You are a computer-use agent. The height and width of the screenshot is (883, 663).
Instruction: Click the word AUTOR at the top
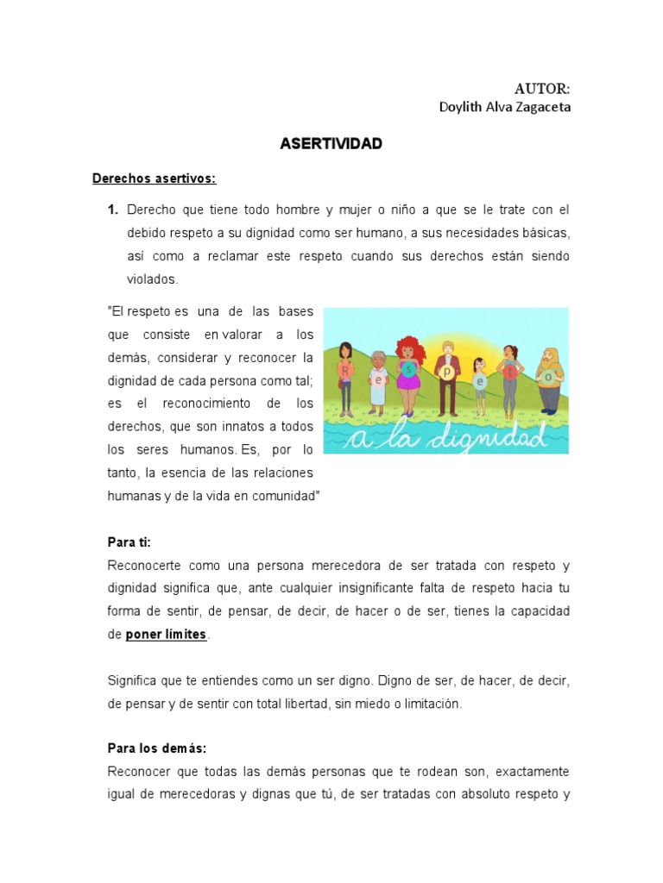542,88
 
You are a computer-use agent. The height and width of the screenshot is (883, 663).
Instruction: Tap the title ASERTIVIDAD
331,144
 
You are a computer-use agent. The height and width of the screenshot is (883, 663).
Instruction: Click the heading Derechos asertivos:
154,178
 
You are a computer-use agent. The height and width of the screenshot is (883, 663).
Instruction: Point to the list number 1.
112,210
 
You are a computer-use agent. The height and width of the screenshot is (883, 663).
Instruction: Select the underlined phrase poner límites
166,634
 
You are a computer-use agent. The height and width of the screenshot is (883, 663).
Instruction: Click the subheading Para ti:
129,542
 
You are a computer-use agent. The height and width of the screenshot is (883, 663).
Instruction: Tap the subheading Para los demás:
157,748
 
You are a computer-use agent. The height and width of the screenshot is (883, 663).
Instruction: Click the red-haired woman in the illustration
408,373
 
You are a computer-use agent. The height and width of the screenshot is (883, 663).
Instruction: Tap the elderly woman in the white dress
377,379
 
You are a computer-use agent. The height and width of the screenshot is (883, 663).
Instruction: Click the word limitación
422,704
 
